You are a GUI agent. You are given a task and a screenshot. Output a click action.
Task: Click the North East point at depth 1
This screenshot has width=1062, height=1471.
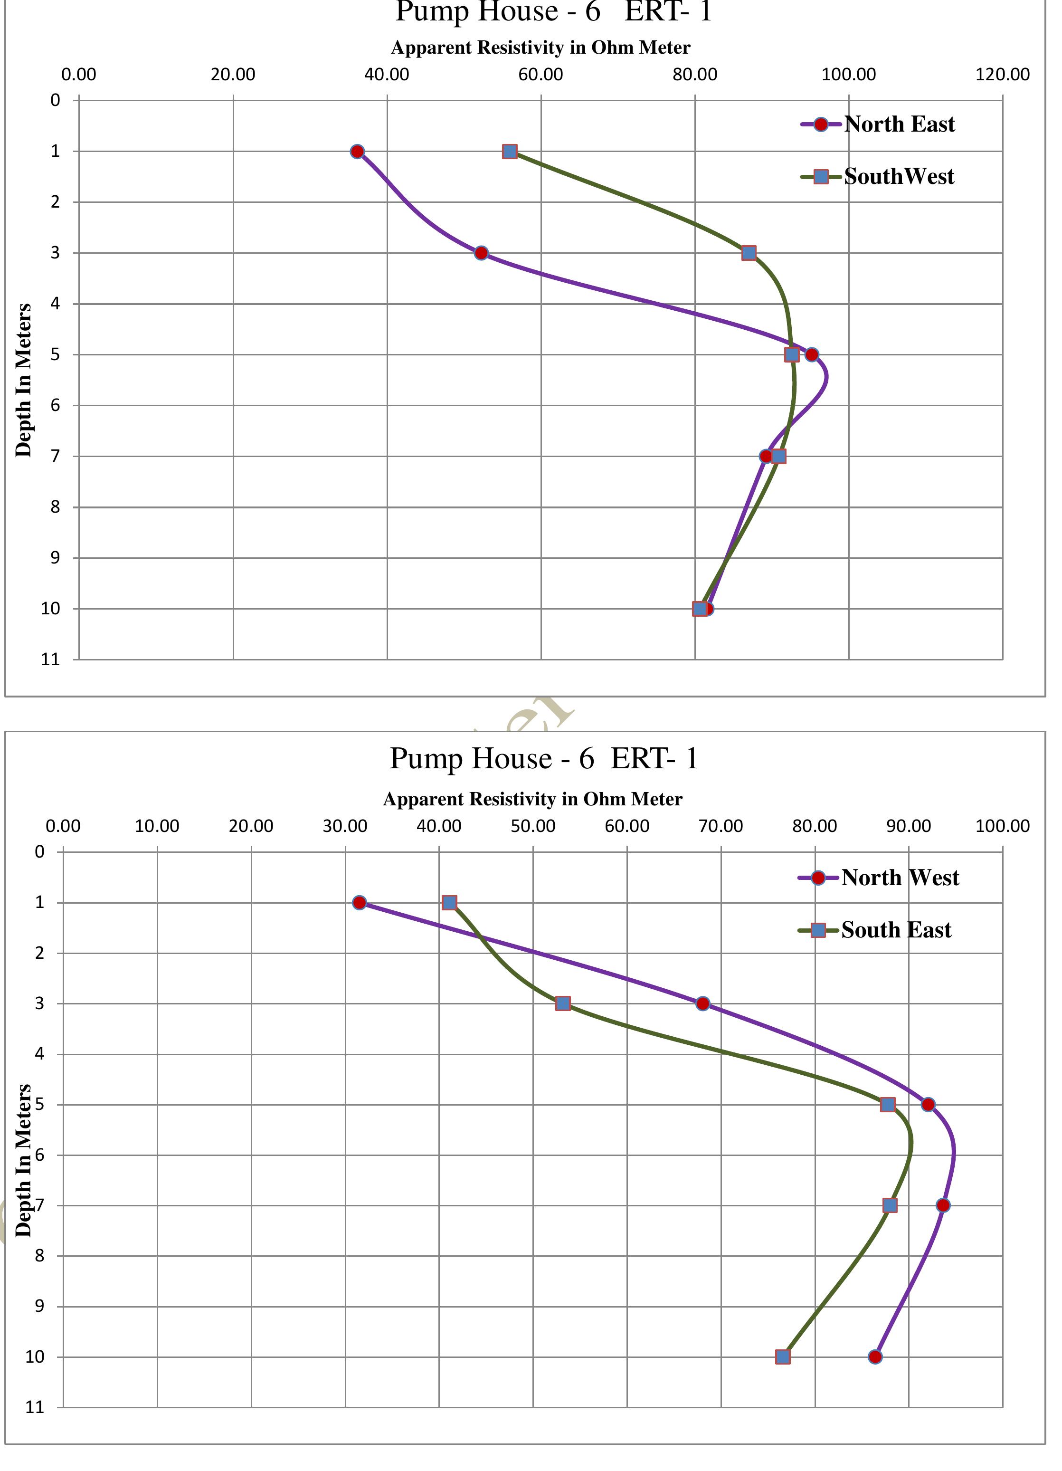(357, 152)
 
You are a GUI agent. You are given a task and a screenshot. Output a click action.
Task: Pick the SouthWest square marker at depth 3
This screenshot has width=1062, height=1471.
(749, 253)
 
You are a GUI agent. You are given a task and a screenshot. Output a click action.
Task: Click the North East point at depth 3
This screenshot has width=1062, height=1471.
(481, 253)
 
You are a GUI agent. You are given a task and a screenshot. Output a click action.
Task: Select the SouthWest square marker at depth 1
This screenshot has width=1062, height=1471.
(510, 152)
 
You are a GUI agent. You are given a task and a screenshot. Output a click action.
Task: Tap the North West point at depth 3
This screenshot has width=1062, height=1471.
(703, 1003)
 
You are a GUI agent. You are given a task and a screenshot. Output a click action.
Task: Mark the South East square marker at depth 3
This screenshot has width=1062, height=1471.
(563, 1003)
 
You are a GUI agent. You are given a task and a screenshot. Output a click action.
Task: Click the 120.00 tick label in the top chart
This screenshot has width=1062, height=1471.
(1002, 75)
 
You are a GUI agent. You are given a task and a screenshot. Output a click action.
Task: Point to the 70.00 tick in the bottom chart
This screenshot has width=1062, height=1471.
(721, 826)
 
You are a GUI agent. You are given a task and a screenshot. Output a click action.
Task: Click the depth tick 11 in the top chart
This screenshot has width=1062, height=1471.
(50, 659)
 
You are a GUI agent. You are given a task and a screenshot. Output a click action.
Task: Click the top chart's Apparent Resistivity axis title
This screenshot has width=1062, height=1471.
(540, 48)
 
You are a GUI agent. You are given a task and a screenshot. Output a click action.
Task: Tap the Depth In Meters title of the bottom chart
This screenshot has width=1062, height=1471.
(24, 1160)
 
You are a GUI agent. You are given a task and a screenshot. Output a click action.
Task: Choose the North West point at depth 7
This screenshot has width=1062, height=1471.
(943, 1205)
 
